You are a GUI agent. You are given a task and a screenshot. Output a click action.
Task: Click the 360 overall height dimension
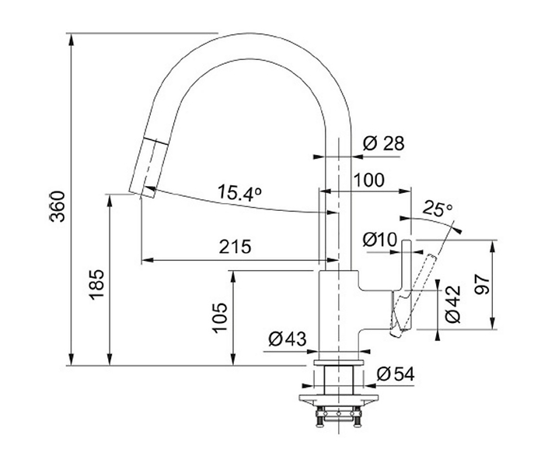coord(58,206)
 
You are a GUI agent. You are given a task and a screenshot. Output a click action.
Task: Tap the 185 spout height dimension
coord(96,284)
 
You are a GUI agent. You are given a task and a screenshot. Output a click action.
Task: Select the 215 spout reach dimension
coord(235,247)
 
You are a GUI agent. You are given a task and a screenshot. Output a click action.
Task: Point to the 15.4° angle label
coord(239,193)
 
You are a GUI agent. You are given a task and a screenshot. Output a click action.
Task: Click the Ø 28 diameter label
coord(383,143)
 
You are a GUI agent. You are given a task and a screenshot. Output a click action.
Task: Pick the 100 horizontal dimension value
coord(369,180)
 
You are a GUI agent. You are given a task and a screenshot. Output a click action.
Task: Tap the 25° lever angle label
coord(437,209)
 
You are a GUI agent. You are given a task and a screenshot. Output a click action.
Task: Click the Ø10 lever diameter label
coord(380,240)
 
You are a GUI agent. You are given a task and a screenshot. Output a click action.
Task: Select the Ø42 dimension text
coord(453,304)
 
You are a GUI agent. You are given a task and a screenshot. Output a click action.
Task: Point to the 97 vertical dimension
coord(483,284)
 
